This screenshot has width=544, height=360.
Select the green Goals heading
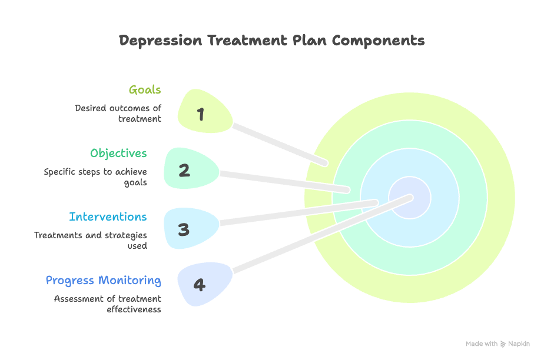click(145, 90)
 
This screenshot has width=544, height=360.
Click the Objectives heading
click(118, 154)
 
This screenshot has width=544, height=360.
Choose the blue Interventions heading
click(108, 217)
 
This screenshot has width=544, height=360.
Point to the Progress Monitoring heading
click(103, 281)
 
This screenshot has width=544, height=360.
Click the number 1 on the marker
click(201, 114)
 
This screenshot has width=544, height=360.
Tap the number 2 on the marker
click(184, 171)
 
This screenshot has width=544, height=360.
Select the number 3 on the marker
click(184, 229)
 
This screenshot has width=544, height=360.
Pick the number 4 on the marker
click(200, 285)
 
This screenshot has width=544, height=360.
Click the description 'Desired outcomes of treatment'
click(118, 114)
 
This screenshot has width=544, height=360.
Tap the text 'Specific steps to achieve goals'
click(95, 177)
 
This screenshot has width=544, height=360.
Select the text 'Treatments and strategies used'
click(90, 241)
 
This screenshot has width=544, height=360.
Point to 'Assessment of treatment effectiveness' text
click(108, 304)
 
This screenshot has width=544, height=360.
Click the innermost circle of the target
click(410, 198)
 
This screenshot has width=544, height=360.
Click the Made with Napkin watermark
click(497, 344)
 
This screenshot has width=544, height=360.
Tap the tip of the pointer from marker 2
click(347, 189)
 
